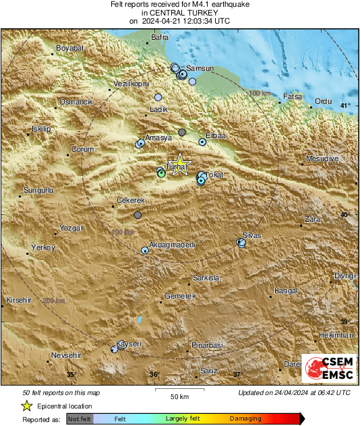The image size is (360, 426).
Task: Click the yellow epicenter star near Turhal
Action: [x=179, y=166]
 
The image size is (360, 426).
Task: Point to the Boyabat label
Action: [x=68, y=49]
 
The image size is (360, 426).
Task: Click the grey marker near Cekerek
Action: [x=138, y=215]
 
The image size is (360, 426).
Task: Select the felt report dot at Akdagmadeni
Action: [x=145, y=251]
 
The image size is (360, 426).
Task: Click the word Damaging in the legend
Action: [x=245, y=419]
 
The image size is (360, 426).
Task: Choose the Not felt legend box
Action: [x=80, y=419]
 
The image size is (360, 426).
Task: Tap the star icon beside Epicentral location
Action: [x=27, y=406]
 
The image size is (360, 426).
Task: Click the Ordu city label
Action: [x=324, y=101]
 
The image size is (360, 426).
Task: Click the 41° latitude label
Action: [x=345, y=106]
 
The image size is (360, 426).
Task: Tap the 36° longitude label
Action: [x=154, y=375]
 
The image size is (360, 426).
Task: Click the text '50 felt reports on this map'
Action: [x=61, y=392]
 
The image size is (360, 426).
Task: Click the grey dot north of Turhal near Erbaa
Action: [x=182, y=133]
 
